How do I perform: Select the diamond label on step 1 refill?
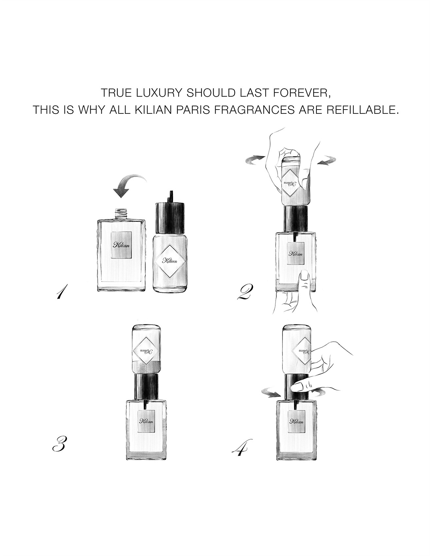coord(170,261)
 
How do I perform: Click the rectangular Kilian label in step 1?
coord(121,245)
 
